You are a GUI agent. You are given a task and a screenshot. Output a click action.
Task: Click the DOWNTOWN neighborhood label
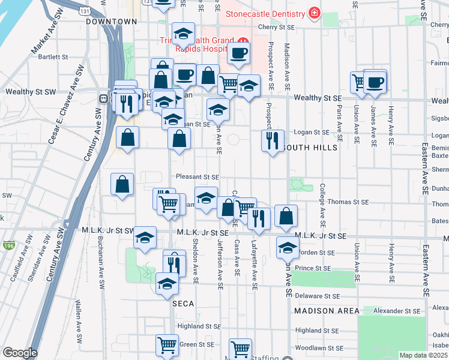[112, 22]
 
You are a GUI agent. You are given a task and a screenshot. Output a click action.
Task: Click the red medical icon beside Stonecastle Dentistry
[313, 12]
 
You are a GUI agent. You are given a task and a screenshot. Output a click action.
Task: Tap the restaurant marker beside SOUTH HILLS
[273, 141]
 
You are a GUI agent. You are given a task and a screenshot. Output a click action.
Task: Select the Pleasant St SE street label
[197, 178]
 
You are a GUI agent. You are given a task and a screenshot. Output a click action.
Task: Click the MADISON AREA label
[327, 311]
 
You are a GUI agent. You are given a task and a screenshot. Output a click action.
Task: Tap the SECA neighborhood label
[183, 304]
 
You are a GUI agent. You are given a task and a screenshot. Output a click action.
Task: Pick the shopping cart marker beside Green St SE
[167, 346]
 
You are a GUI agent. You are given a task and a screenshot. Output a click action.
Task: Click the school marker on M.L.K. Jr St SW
[145, 238]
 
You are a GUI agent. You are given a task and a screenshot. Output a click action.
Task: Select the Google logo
[20, 353]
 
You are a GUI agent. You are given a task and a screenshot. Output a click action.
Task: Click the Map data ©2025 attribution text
[424, 355]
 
